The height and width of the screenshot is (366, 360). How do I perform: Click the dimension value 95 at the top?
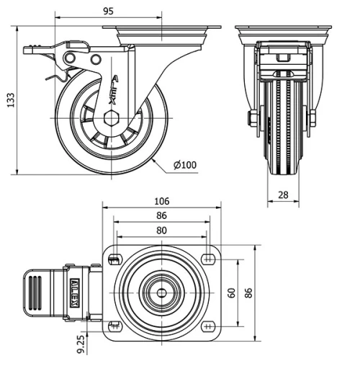pos(109,11)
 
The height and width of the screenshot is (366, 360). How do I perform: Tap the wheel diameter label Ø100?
pos(185,165)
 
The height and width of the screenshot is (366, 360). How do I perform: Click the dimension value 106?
pos(161,201)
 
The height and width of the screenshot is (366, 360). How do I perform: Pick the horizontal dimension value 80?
pos(162,231)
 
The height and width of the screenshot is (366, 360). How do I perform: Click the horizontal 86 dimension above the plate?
pos(161,215)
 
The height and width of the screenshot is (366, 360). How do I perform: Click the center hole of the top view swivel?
pos(161,293)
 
